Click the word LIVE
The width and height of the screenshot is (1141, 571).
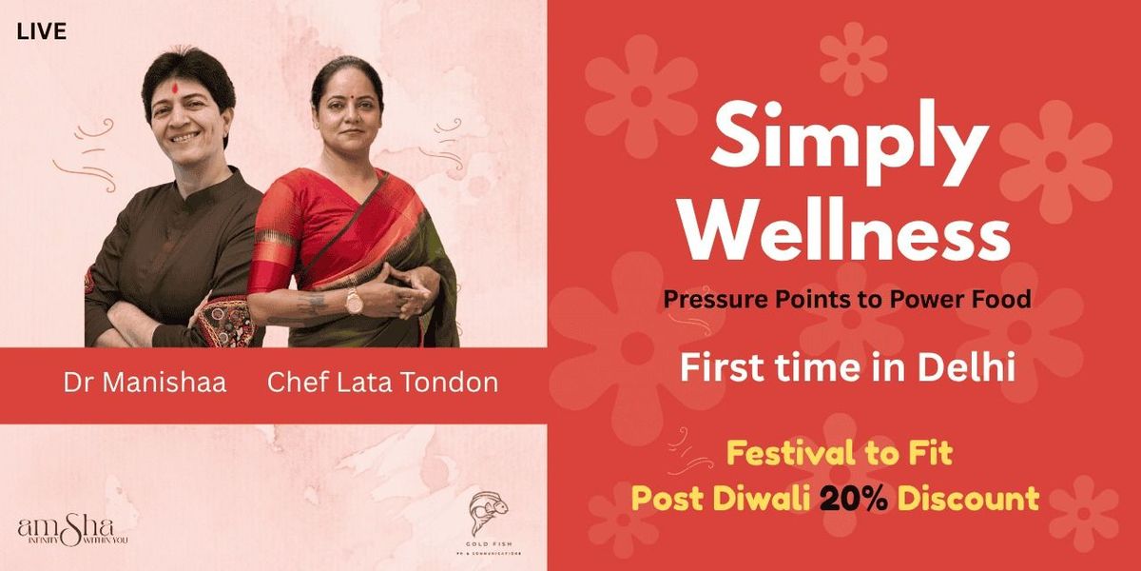(42, 32)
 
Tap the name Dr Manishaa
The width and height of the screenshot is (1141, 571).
(145, 384)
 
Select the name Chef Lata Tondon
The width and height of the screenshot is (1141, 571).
(382, 384)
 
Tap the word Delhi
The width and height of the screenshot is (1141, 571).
(968, 367)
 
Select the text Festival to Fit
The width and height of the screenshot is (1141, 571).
(839, 454)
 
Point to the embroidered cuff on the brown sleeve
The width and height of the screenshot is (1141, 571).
(225, 324)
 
